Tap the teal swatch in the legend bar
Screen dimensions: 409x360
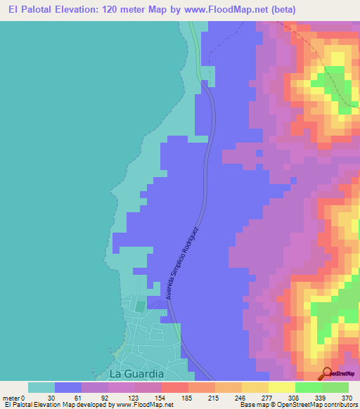point(41,387)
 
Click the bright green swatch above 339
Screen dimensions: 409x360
point(309,387)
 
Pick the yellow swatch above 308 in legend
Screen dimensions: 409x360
point(282,387)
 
